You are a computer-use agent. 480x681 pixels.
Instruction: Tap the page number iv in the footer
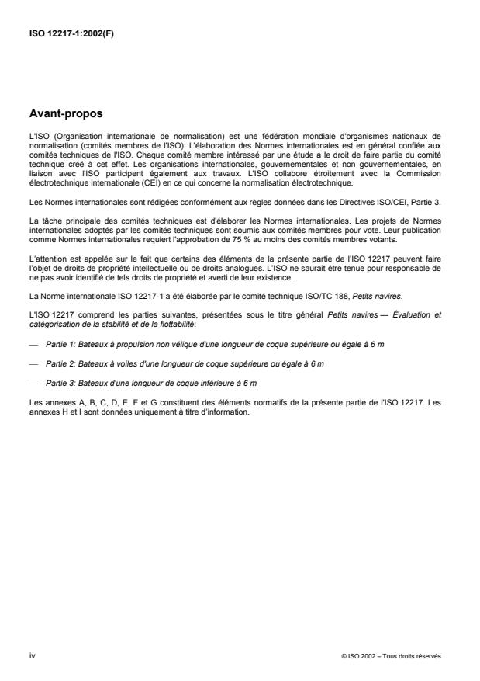click(32, 655)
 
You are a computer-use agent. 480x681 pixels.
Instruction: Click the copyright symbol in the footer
click(343, 655)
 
